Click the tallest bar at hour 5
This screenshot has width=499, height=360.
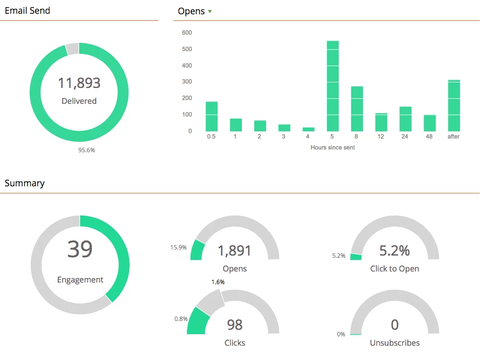(x=332, y=86)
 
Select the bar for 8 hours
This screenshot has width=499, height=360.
(x=357, y=109)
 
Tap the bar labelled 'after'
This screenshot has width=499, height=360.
(x=453, y=106)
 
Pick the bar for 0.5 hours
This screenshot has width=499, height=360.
(x=212, y=117)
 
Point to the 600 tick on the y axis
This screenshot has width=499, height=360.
(x=187, y=33)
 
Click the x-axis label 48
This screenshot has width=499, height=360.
(x=429, y=136)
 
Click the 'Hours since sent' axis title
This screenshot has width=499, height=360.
(x=332, y=147)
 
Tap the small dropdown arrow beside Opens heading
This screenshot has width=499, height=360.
(x=210, y=12)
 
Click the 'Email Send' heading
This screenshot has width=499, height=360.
(x=27, y=10)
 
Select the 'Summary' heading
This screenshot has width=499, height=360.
(x=25, y=183)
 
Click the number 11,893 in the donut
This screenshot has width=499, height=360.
(x=79, y=83)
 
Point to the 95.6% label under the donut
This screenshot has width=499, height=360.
(x=86, y=150)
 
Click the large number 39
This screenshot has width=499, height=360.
(x=80, y=249)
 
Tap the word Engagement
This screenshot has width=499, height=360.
(x=80, y=280)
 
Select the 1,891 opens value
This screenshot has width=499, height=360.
(x=235, y=251)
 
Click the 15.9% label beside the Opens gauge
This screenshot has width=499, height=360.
(x=178, y=248)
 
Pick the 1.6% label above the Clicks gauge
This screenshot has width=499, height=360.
(x=218, y=282)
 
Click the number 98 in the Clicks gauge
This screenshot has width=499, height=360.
(x=235, y=325)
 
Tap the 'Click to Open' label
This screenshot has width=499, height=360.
(x=395, y=269)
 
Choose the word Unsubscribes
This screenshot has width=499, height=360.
(x=395, y=343)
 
